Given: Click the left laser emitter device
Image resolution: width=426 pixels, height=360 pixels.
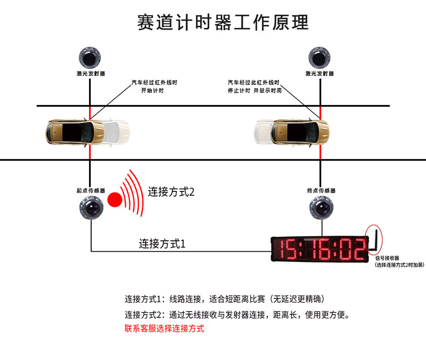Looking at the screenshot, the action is (x=90, y=56).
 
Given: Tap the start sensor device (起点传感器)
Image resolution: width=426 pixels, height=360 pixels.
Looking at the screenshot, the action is (x=91, y=208).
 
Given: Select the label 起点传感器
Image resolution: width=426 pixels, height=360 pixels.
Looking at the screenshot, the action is (x=91, y=191).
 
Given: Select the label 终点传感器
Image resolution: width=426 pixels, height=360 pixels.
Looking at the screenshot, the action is (x=321, y=191).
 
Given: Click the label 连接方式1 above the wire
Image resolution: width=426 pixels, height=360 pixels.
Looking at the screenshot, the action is (x=162, y=244).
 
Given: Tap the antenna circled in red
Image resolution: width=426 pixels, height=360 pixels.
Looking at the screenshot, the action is (x=373, y=239).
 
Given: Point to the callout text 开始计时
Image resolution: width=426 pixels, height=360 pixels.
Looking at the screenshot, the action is (x=152, y=91).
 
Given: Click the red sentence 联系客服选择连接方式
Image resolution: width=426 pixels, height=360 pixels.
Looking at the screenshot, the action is (x=164, y=328).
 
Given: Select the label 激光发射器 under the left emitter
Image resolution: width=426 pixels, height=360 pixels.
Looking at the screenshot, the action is (x=91, y=73).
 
